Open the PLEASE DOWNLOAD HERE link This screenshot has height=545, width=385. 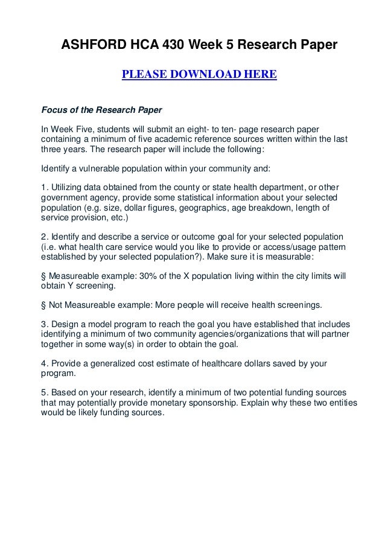pyautogui.click(x=199, y=75)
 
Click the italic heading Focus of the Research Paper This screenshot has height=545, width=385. pyautogui.click(x=101, y=110)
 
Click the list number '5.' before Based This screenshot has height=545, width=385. pyautogui.click(x=44, y=393)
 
